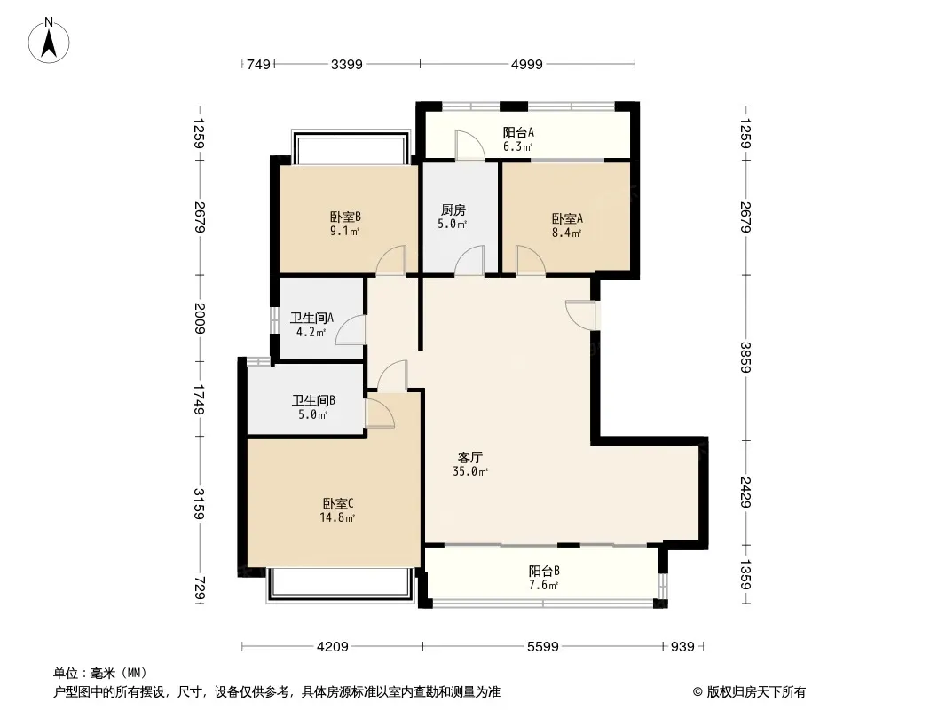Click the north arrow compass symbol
click(x=49, y=41)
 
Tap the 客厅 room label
click(x=470, y=457)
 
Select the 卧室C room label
click(x=338, y=503)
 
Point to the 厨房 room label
click(x=453, y=210)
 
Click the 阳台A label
click(x=518, y=132)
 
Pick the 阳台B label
click(x=544, y=571)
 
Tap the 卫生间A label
click(x=311, y=318)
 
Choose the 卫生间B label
click(x=314, y=400)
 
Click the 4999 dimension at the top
click(x=527, y=64)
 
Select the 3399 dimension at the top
click(x=346, y=64)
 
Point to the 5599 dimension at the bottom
click(x=542, y=647)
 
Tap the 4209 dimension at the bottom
click(x=333, y=647)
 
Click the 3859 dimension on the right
click(x=745, y=357)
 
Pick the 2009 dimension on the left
click(x=201, y=318)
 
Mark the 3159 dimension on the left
click(x=201, y=503)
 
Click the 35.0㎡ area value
click(x=470, y=472)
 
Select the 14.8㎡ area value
click(x=337, y=517)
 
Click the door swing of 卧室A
click(x=531, y=260)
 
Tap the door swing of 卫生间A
click(x=351, y=330)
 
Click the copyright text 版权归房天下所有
click(x=755, y=692)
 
